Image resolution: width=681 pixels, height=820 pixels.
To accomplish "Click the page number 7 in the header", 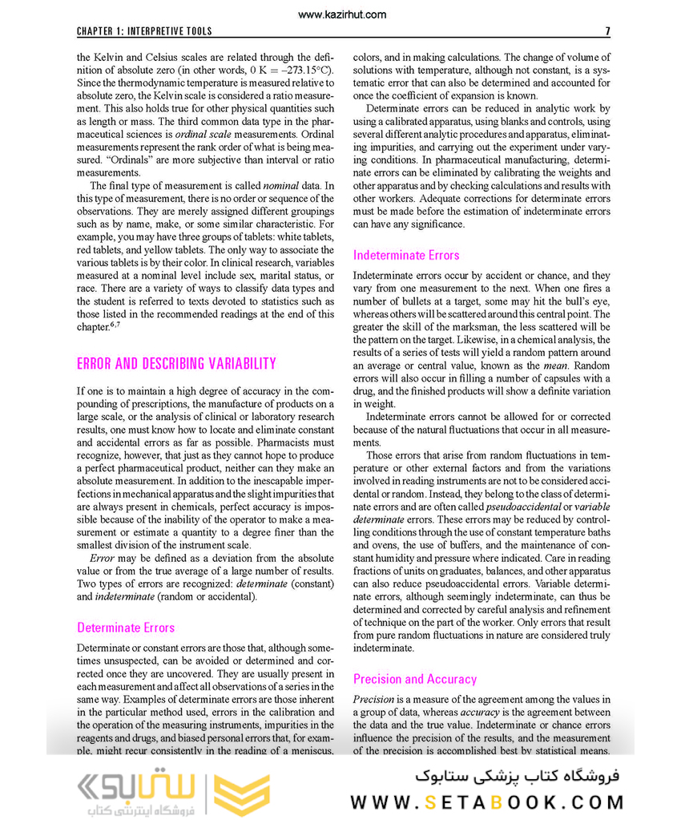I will coord(607,31).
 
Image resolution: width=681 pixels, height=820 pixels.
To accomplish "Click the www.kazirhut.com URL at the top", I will coord(340,14).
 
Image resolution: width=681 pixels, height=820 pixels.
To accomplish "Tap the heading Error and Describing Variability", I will coord(176,364).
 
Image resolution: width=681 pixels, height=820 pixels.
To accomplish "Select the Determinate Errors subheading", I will coord(126,628).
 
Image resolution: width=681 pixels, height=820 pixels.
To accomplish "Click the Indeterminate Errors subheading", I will coord(406,255).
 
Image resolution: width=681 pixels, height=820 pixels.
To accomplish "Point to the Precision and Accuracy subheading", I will coord(415,679).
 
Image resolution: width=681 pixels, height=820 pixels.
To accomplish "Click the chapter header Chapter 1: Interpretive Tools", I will coord(144,31).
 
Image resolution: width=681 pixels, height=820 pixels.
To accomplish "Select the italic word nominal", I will coord(288,186).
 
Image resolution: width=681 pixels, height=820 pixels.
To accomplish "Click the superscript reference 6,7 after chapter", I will coord(115,325).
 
